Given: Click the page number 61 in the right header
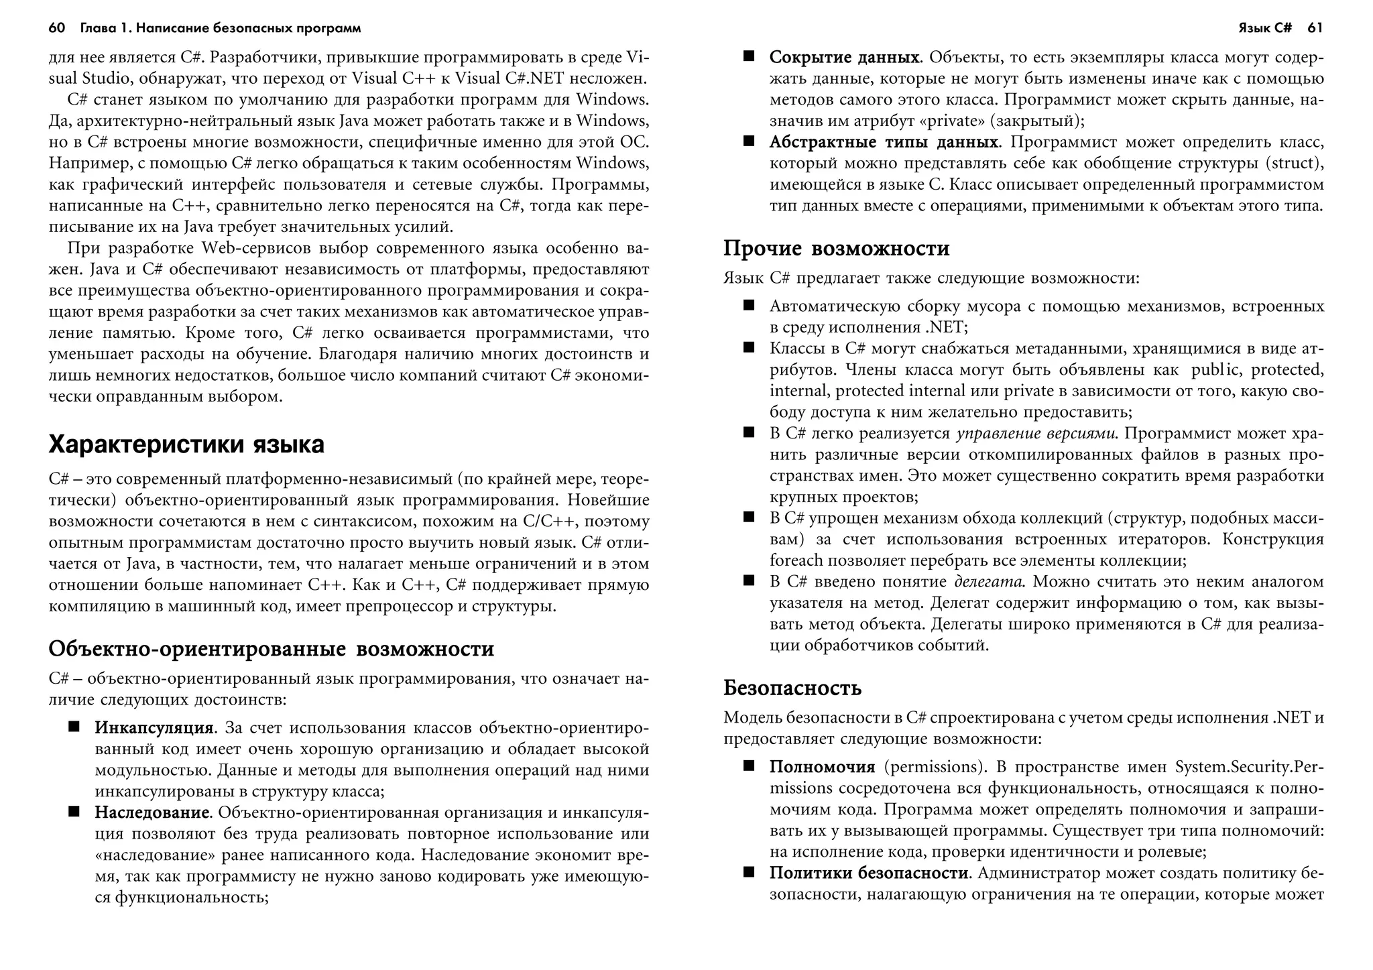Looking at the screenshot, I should tap(1315, 28).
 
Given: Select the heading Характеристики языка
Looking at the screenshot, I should tap(186, 444).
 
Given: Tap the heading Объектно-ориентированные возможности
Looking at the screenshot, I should tap(271, 649).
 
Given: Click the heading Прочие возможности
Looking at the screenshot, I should tap(836, 249).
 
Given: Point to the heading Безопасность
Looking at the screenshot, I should tap(792, 688).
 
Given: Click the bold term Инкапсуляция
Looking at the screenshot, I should tap(154, 728).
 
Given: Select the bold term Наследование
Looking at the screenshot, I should tap(152, 813).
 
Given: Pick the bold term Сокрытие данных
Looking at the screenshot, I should tap(844, 57).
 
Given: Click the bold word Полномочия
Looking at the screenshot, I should tap(822, 767).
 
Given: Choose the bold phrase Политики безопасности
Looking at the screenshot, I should tap(869, 873).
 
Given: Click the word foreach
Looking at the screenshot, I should tap(795, 560).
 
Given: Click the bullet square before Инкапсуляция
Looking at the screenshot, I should tap(74, 727).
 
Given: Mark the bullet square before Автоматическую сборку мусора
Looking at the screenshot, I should tap(749, 306).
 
